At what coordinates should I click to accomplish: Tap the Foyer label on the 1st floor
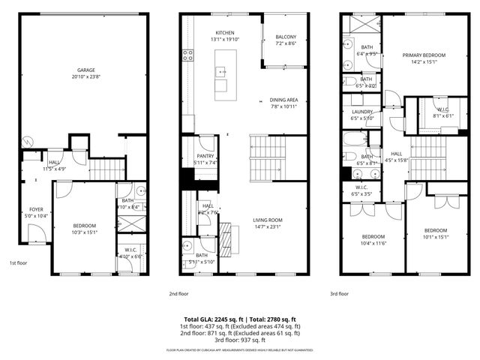pos(36,209)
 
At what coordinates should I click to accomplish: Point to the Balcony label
pos(285,37)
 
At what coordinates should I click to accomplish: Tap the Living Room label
pos(271,220)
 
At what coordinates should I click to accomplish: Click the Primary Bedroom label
pos(424,55)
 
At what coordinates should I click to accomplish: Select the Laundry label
pos(361,112)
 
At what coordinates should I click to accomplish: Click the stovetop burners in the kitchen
pos(188,54)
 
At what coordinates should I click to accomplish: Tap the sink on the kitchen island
pos(222,72)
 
